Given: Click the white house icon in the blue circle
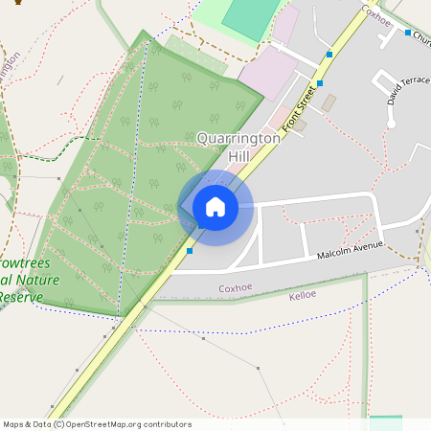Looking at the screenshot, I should coord(215,207).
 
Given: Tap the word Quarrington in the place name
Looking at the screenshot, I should coord(238,138).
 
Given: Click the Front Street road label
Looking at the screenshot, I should coord(299,106).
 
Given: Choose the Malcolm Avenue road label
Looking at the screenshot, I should coord(350,251).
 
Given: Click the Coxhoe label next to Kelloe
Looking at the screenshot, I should coord(235,287).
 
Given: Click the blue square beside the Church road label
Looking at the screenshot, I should coord(408,34).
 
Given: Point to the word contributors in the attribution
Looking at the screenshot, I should coord(167,424).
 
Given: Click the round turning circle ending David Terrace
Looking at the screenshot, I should coord(391,124).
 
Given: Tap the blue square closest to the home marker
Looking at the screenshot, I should coord(191,251).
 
